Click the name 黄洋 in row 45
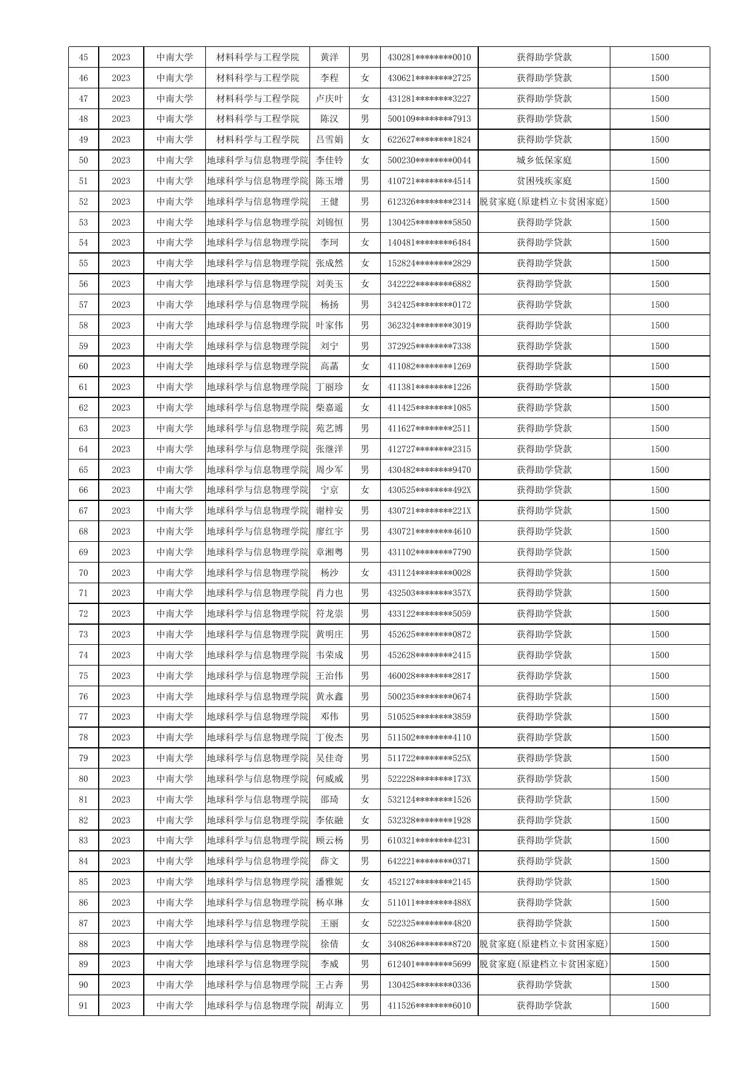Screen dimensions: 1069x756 coord(329,57)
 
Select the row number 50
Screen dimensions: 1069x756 coord(83,160)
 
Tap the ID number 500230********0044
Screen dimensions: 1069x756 coord(429,160)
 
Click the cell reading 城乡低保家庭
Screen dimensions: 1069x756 coord(544,160)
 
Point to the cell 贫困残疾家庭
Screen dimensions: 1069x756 coord(544,181)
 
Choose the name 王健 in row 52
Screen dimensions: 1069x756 coord(329,202)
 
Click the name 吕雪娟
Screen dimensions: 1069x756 coord(329,140)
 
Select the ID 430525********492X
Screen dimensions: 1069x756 coord(429,490)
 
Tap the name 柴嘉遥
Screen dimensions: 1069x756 coord(329,408)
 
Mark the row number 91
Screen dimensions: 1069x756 coord(83,1006)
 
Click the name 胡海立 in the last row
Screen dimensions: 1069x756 coord(329,1006)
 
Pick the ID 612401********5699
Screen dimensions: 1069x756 coord(429,964)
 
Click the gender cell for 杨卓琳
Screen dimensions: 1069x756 coord(364,903)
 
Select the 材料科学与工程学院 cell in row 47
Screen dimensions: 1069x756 coord(258,99)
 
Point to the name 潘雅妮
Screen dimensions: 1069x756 coord(329,882)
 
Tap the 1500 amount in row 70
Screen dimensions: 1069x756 coord(659,573)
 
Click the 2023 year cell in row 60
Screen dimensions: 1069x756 coord(121,366)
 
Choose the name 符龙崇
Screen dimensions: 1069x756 coord(329,614)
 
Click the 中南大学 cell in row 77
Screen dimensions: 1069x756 coord(174,717)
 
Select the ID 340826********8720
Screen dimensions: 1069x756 coord(429,944)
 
